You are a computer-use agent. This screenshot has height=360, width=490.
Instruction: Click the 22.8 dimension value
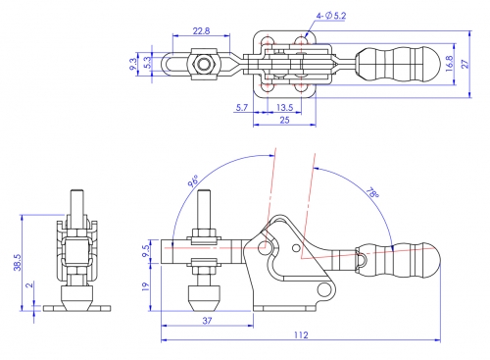click(x=201, y=31)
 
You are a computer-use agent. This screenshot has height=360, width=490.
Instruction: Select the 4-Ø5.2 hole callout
click(x=331, y=16)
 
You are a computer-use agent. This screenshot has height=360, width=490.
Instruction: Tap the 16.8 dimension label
click(x=449, y=64)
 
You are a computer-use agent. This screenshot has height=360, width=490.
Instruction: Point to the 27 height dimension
click(x=465, y=64)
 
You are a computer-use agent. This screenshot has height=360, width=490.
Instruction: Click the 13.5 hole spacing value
click(x=284, y=107)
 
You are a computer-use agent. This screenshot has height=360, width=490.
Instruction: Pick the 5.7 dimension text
click(x=242, y=107)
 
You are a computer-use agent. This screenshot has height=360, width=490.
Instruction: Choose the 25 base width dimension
click(x=284, y=120)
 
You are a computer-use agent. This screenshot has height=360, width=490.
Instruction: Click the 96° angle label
click(x=193, y=180)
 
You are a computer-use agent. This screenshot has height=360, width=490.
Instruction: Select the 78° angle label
click(x=372, y=192)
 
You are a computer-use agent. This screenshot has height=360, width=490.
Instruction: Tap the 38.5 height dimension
click(x=18, y=263)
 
